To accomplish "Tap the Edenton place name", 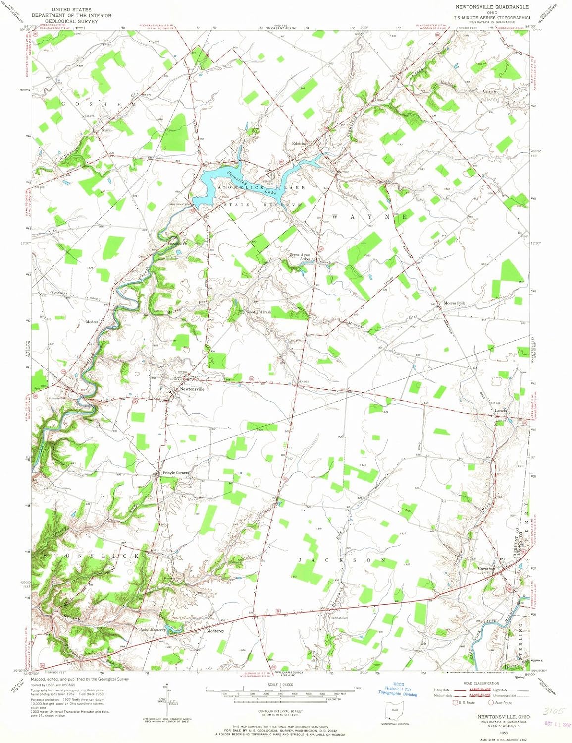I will tap(300, 143).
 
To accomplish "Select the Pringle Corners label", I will tap(176, 473).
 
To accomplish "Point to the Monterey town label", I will tap(215, 631).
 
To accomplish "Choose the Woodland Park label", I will tap(260, 312).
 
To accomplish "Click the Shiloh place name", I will tap(106, 130).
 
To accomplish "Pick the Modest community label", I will tap(92, 322).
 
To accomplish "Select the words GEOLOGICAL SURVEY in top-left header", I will tap(71, 21).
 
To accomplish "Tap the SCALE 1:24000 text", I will tap(280, 684).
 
